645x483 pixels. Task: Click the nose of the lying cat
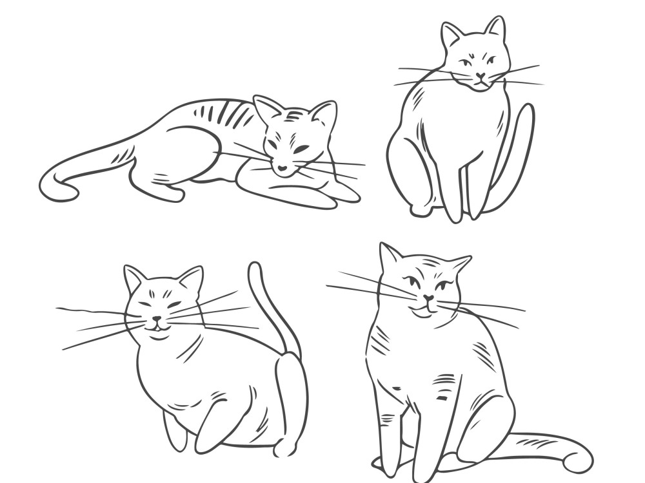(283, 169)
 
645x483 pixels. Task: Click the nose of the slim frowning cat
(481, 75)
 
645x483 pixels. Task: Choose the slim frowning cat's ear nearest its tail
(495, 28)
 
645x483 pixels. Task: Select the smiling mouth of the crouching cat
(157, 327)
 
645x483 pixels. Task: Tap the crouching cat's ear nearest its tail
(191, 279)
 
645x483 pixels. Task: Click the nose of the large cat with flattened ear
(428, 299)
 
